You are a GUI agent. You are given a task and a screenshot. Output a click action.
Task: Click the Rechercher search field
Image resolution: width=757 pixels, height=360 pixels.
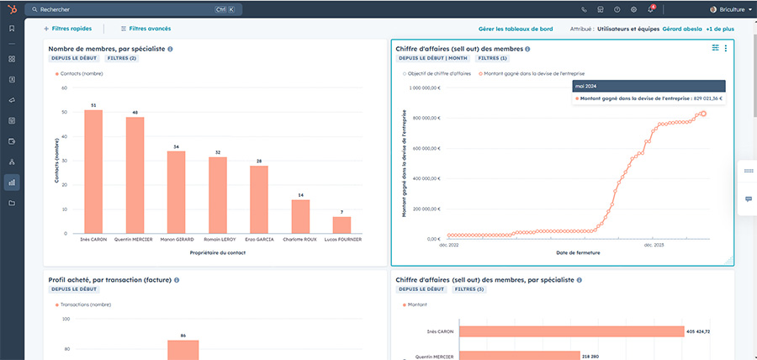point(118,9)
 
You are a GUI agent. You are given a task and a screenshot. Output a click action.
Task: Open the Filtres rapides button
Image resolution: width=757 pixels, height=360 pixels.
point(68,29)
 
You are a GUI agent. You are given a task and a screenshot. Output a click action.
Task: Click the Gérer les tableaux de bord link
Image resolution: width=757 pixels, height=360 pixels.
point(516,29)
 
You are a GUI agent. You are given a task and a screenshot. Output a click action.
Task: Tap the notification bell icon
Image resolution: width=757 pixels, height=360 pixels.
point(650,9)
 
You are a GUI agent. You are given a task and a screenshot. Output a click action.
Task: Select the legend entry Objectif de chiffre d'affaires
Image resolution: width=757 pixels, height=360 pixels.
point(437,74)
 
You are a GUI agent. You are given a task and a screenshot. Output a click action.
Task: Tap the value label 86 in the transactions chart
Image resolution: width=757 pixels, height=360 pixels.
point(183,336)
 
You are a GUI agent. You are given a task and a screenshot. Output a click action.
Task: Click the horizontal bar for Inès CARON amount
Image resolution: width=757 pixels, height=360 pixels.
point(570,331)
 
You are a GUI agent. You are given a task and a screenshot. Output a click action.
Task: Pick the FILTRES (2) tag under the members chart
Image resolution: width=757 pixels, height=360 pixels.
point(121,58)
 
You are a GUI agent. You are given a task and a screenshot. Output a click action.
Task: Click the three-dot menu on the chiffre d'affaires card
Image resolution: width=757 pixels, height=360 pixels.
point(726,48)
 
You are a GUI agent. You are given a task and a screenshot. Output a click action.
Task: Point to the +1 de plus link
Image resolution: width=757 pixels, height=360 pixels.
point(720,29)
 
